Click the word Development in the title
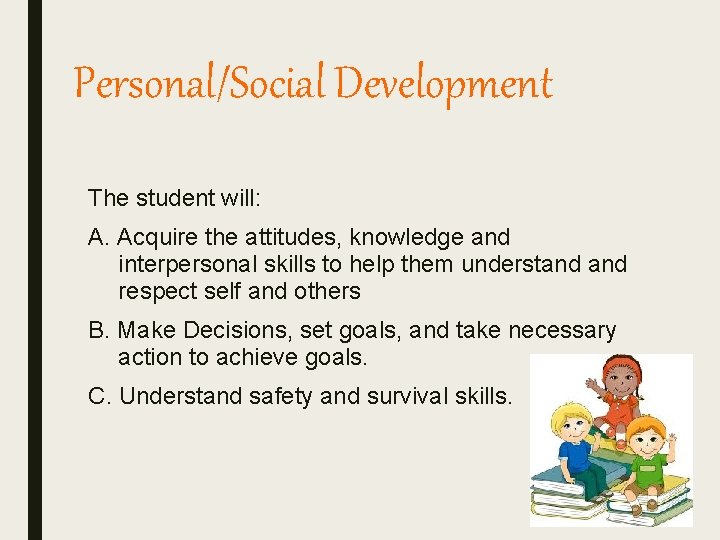point(443,84)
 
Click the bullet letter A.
point(98,238)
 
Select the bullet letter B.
point(98,331)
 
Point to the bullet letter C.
point(99,396)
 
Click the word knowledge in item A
point(410,238)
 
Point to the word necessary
point(562,331)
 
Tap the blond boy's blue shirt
point(578,456)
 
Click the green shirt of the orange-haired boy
point(649,466)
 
